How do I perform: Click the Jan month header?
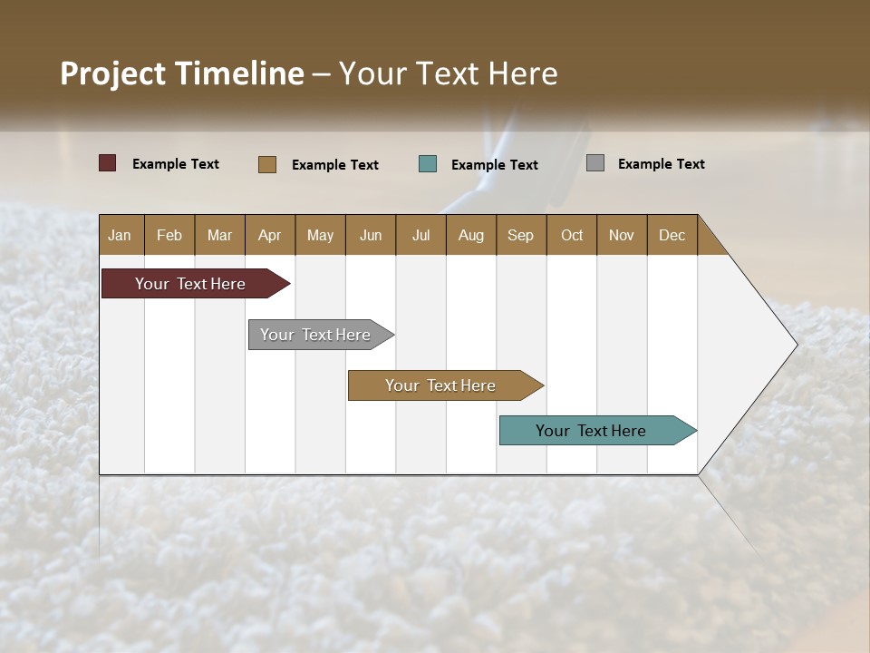121,235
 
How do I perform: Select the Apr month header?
270,235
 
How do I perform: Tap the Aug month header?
470,235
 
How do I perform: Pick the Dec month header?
672,235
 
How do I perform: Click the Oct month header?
571,235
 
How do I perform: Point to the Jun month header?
370,235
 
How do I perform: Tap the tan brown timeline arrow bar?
441,385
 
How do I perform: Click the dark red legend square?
107,163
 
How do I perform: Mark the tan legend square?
266,164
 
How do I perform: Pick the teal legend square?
428,164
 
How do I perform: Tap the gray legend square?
594,163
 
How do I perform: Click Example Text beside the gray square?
661,163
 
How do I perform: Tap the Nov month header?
621,235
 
